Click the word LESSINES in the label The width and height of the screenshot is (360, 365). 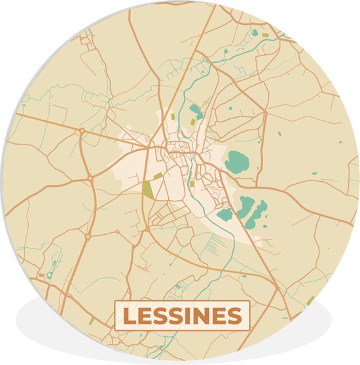(x=182, y=317)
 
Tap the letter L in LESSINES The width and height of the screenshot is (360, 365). (x=130, y=317)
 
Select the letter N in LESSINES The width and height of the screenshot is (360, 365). (x=200, y=317)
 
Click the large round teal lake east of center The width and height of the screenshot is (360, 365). (x=236, y=160)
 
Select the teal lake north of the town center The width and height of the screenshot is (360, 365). (x=194, y=111)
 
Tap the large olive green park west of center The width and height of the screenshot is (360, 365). (x=148, y=190)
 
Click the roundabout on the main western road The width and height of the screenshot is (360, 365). (x=82, y=131)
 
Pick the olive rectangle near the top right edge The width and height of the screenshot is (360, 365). (x=266, y=35)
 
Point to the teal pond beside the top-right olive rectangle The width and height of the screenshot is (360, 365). (x=255, y=31)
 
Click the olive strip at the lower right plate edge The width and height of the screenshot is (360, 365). (x=310, y=300)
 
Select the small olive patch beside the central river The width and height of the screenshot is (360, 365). (x=191, y=184)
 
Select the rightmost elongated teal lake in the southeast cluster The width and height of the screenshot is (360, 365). (x=261, y=211)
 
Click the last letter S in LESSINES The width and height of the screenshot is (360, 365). (x=234, y=317)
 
